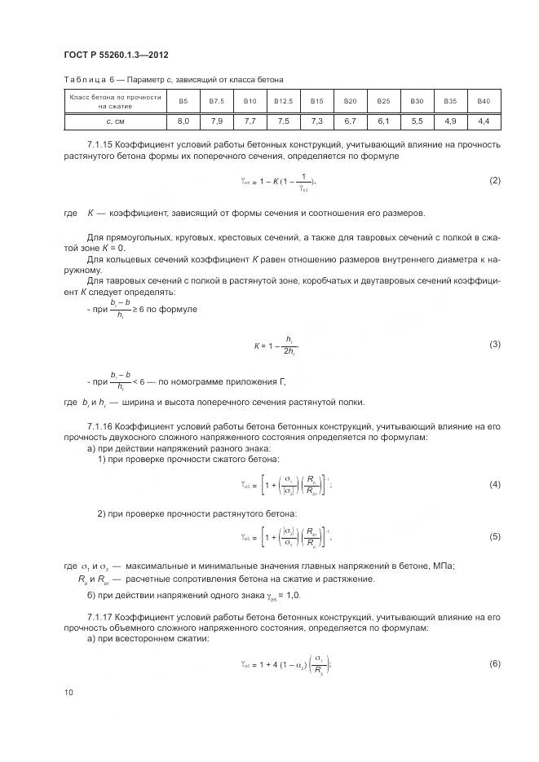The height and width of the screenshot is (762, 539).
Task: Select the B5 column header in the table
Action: point(183,100)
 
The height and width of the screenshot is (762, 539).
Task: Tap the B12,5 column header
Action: point(283,100)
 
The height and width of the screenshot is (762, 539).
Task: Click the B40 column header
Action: point(484,100)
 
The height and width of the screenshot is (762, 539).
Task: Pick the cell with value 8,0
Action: point(183,121)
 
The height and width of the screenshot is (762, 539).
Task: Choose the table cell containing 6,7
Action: point(350,121)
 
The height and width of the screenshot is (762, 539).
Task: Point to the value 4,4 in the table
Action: point(484,121)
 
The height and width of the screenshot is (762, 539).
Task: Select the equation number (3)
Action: point(494,344)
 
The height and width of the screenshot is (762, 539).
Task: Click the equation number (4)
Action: point(494,485)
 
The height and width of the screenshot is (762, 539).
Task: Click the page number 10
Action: point(68,692)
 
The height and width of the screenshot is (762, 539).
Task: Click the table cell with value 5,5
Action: point(417,121)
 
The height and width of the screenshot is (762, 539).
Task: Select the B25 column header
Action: point(383,100)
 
